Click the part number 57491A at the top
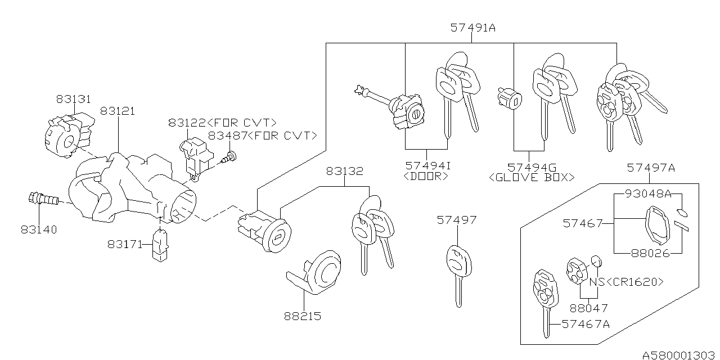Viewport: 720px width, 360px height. pos(472,27)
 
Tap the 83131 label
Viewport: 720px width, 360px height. pos(73,99)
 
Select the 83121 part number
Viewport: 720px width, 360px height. pos(118,111)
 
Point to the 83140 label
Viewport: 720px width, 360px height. pos(40,230)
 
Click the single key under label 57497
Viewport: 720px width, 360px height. pos(457,270)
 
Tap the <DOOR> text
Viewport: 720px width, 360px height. pos(426,177)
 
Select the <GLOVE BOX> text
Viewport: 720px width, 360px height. pos(532,177)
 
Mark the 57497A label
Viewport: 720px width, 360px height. pos(651,167)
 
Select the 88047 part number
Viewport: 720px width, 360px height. pos(588,308)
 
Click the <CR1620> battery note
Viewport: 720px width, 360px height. pos(633,281)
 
